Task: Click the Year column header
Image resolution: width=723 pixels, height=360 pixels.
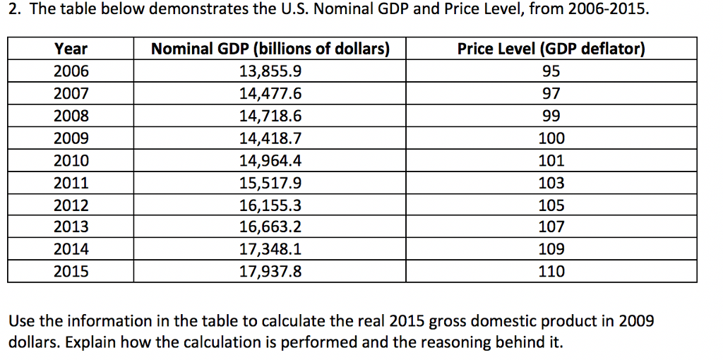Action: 71,49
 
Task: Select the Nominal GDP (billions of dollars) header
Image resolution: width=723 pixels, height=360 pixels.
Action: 270,49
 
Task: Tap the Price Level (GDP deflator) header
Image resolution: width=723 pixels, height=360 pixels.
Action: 551,49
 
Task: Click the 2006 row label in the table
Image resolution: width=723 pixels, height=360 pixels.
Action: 71,71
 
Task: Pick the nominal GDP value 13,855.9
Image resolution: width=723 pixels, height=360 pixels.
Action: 270,71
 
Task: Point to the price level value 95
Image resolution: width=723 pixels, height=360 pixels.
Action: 551,71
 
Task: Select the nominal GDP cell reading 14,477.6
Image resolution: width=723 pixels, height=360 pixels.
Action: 270,94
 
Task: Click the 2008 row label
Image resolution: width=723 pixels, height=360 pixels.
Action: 71,116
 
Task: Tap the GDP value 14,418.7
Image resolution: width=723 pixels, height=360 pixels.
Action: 270,138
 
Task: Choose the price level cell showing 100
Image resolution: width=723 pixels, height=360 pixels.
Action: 551,138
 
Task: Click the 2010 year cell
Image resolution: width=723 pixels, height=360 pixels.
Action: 71,161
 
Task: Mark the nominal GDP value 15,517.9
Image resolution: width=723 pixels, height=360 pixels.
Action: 270,184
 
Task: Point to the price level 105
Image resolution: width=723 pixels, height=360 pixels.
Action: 551,205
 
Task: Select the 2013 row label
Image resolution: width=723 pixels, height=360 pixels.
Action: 71,227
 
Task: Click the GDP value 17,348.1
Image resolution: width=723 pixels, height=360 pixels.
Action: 270,249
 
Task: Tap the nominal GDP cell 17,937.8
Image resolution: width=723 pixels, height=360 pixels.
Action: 270,272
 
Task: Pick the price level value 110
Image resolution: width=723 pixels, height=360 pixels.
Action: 551,272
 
